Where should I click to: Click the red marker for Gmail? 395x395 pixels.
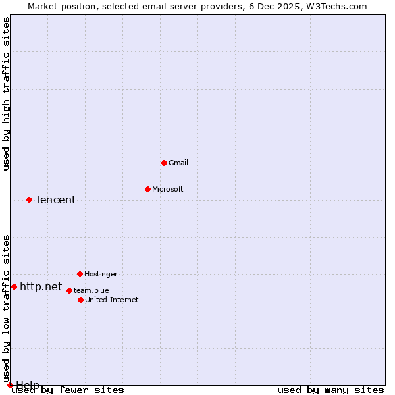[x=164, y=163]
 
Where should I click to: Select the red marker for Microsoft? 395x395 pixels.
[x=147, y=189]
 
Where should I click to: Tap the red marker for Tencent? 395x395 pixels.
[x=29, y=199]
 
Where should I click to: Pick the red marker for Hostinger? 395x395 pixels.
[x=80, y=274]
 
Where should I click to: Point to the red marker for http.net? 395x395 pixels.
[x=14, y=286]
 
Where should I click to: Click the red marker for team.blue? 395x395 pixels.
[x=69, y=290]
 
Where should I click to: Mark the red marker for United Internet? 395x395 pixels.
[x=80, y=300]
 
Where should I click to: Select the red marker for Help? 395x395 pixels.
[x=10, y=385]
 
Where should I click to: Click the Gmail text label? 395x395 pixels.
[x=178, y=163]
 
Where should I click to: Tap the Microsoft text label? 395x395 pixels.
[x=168, y=189]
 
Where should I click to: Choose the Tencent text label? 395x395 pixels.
[x=55, y=199]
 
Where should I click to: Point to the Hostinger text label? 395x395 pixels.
[x=101, y=274]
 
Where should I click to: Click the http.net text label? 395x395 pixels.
[x=41, y=286]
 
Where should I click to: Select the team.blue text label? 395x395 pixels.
[x=92, y=290]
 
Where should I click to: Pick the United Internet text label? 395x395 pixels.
[x=112, y=300]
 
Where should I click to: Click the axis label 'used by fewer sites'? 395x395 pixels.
[x=68, y=390]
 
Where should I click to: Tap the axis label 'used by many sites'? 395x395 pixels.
[x=330, y=390]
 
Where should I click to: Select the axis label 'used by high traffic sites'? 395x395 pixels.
[x=7, y=93]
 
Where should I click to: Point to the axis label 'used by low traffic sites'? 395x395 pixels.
[x=7, y=309]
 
